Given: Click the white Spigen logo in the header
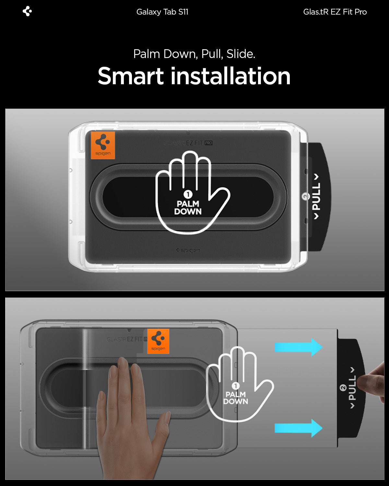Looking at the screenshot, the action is point(27,11).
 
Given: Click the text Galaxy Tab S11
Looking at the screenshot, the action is point(162,12).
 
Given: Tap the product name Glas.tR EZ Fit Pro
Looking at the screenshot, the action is point(335,12).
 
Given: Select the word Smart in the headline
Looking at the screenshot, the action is point(131,76).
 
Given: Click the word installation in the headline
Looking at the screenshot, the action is point(230,76).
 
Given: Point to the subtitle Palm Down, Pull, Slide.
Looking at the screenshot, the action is point(194,54).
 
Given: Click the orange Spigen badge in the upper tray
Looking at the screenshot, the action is point(103,145).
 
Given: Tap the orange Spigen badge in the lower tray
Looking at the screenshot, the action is point(158,341).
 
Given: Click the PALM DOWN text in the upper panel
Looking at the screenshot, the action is point(188,208).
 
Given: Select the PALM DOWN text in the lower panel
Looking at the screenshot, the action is point(236,398).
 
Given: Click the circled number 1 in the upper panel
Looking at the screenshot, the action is point(188,194).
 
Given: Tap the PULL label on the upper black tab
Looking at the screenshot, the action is point(316,196).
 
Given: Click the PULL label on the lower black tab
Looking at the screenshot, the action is point(352,388).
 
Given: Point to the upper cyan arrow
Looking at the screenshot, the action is point(298,347).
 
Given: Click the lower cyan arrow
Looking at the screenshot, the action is point(298,428).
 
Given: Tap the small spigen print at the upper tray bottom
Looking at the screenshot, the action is point(188,250).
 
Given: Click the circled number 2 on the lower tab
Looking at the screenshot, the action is point(343,388).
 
